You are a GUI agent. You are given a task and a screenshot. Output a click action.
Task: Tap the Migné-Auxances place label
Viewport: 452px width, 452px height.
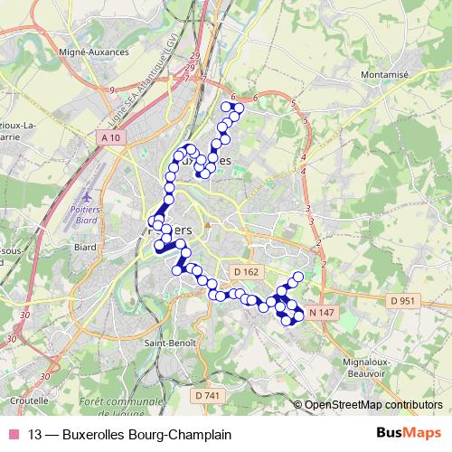coord(94,52)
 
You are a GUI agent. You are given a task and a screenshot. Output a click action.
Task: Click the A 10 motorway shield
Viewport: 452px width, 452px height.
coord(110,137)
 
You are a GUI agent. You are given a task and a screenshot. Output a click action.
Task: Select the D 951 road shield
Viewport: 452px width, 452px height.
coord(402,300)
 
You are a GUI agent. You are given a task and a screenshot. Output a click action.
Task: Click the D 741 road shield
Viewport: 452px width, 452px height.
coord(207,395)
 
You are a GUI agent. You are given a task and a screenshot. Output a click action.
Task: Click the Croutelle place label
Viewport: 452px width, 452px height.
coord(32,399)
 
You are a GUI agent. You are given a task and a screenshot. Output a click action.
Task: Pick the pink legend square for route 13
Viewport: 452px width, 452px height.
coord(14,435)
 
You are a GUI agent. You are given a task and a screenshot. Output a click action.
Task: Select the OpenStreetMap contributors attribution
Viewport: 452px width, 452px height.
coord(373,405)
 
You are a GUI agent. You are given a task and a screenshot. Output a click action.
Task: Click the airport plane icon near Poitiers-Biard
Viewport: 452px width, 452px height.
coord(87,196)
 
